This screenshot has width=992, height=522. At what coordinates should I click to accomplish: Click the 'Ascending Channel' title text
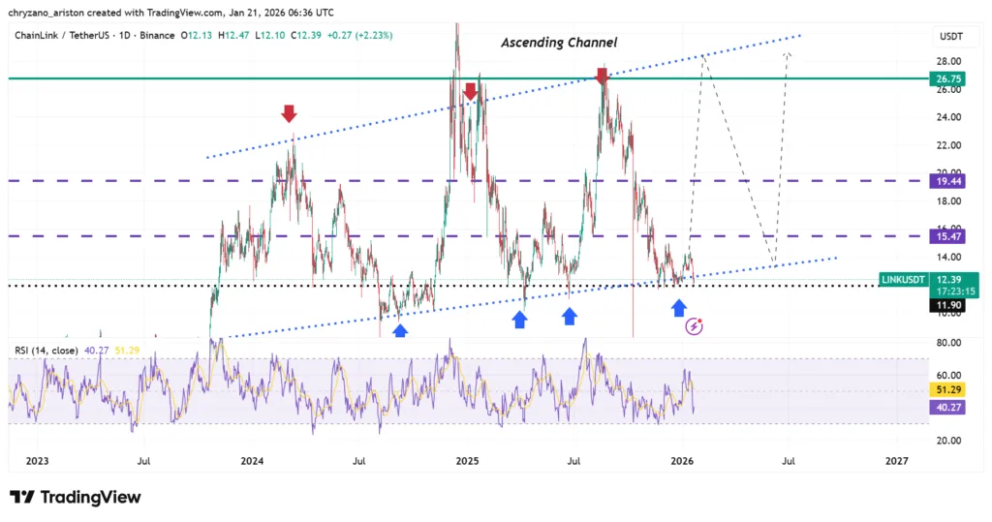(x=558, y=43)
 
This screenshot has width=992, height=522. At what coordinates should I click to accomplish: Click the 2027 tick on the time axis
(x=897, y=462)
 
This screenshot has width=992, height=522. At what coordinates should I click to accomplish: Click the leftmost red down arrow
(x=289, y=114)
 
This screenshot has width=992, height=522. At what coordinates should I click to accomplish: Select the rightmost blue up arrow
(x=679, y=307)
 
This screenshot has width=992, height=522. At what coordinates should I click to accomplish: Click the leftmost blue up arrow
(x=400, y=329)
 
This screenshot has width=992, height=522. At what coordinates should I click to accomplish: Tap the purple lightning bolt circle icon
(x=695, y=326)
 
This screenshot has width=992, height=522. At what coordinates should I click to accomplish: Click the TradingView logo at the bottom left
(x=76, y=497)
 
